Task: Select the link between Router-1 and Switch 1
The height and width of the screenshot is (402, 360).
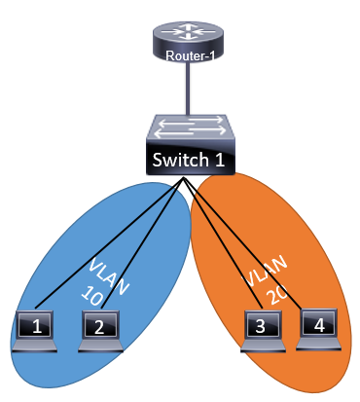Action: pyautogui.click(x=187, y=92)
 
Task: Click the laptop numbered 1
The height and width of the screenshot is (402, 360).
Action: pyautogui.click(x=38, y=327)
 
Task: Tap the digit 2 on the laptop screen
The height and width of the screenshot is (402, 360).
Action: pyautogui.click(x=98, y=327)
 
